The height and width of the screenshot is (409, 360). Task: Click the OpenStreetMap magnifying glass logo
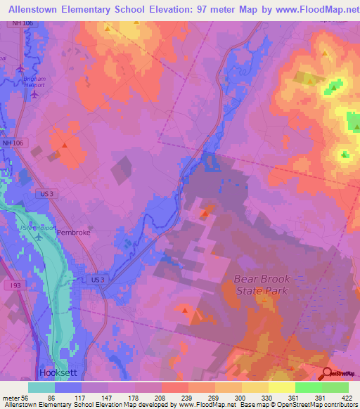pos(327,374)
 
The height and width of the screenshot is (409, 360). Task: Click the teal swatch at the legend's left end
pos(41,387)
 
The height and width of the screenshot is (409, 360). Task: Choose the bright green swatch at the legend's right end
pos(335,387)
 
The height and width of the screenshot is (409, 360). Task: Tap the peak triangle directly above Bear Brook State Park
pos(205,212)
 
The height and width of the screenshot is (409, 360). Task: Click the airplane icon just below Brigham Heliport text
pos(34,94)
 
